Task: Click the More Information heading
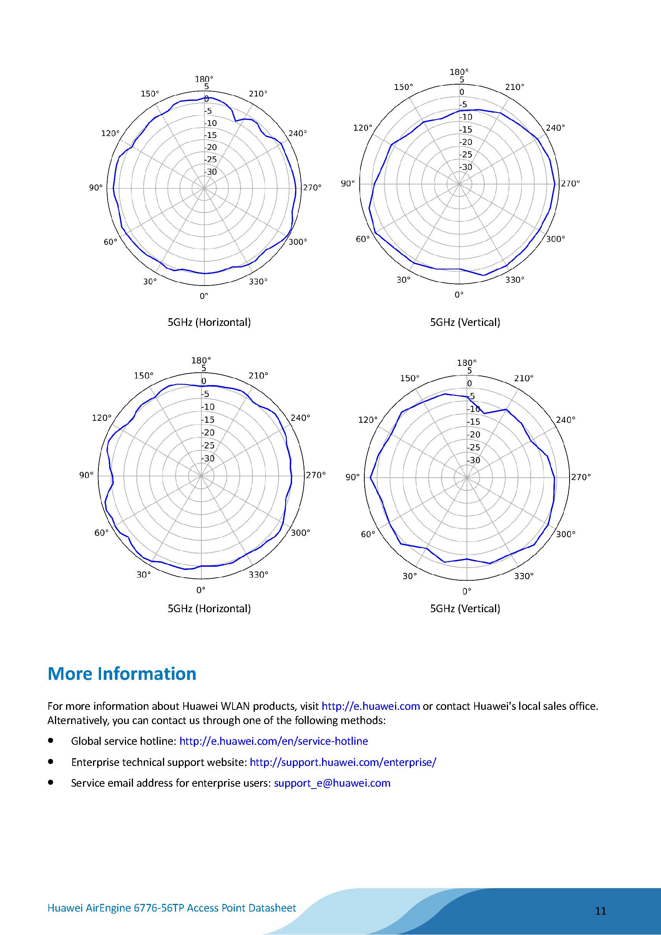[122, 674]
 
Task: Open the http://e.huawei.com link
[370, 706]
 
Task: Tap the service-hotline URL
[273, 741]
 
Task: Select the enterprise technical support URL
[343, 762]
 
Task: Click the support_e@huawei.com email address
[332, 783]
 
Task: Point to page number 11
[601, 911]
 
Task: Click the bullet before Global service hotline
[50, 740]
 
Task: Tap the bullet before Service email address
[50, 782]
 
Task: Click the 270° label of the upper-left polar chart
[312, 187]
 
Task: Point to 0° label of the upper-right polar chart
[459, 294]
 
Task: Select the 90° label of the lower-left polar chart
[86, 475]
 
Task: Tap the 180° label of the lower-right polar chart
[467, 362]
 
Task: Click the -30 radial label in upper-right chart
[466, 167]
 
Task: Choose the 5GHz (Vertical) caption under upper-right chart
[465, 322]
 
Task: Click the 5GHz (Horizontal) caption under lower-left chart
[209, 608]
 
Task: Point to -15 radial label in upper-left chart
[211, 135]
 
